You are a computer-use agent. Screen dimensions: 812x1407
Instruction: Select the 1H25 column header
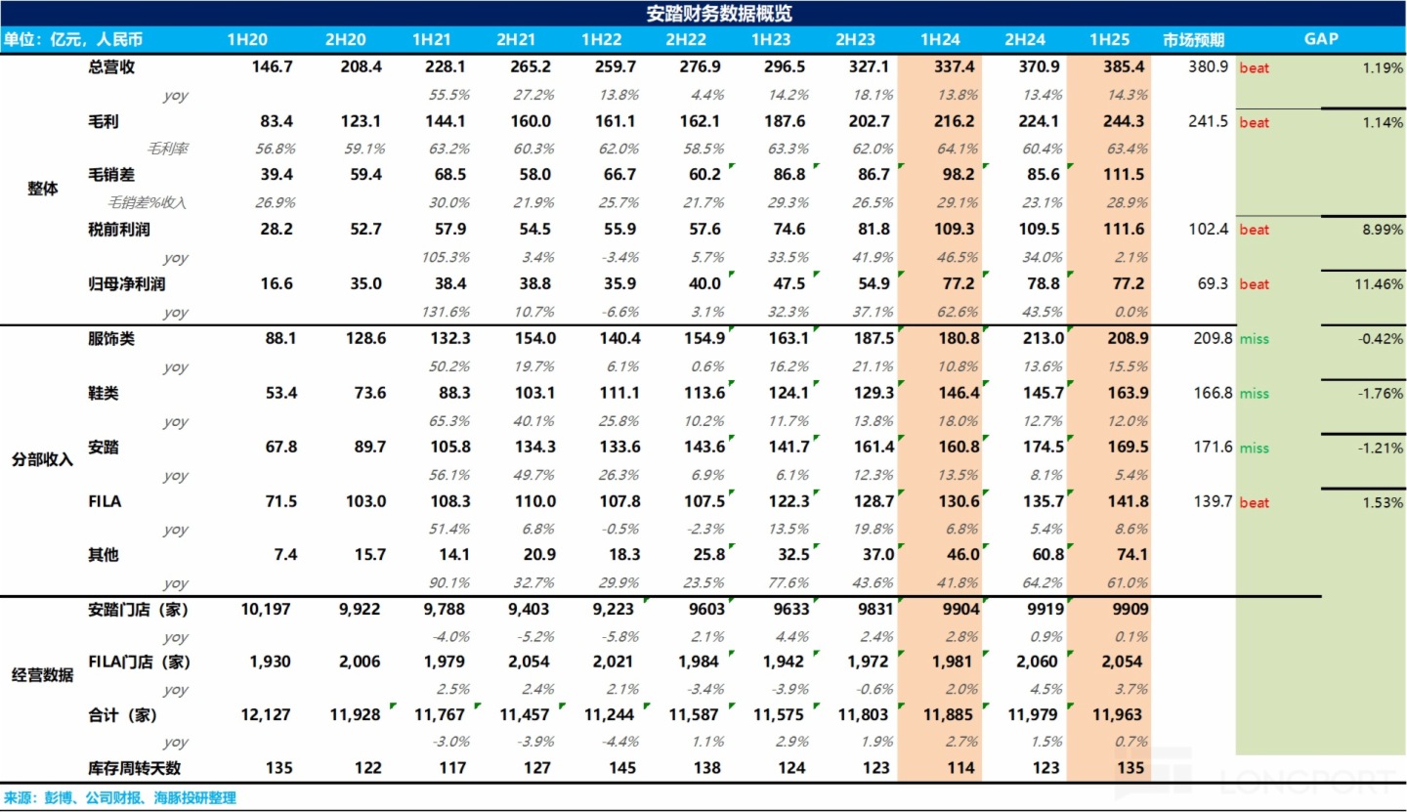pyautogui.click(x=1110, y=40)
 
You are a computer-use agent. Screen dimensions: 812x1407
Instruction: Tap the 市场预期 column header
pyautogui.click(x=1193, y=40)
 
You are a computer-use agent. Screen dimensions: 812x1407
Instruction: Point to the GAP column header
pyautogui.click(x=1320, y=40)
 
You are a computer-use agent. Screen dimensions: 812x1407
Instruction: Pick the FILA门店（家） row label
pyautogui.click(x=139, y=662)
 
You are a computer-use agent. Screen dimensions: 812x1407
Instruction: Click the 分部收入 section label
pyautogui.click(x=42, y=459)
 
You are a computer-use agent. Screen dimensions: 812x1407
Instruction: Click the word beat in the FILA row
pyautogui.click(x=1255, y=502)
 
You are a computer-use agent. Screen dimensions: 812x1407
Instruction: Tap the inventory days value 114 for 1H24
pyautogui.click(x=961, y=768)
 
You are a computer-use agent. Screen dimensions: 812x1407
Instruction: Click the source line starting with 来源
pyautogui.click(x=119, y=798)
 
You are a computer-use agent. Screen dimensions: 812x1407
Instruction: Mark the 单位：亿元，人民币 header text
pyautogui.click(x=72, y=40)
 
